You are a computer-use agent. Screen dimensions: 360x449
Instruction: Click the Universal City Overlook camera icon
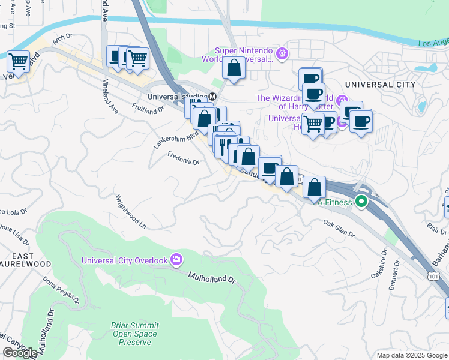pos(177,260)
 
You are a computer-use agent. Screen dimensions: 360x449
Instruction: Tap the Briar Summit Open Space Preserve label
pos(134,334)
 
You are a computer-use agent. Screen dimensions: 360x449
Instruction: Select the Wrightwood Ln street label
pos(130,211)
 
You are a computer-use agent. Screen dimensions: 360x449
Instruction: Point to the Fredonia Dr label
pos(183,158)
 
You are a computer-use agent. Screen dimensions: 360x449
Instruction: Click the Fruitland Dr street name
pos(148,107)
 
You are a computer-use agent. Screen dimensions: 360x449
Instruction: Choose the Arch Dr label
pos(62,37)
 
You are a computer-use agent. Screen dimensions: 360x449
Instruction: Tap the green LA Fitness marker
pos(361,202)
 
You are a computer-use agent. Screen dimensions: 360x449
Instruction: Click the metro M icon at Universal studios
pos(212,96)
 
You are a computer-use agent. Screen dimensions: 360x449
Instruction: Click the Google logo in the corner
pos(20,353)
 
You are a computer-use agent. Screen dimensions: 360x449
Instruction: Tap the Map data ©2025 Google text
pos(412,355)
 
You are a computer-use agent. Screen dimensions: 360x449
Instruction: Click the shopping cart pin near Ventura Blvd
pos(19,61)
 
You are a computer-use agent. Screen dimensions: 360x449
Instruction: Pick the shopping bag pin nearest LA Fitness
pos(314,187)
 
